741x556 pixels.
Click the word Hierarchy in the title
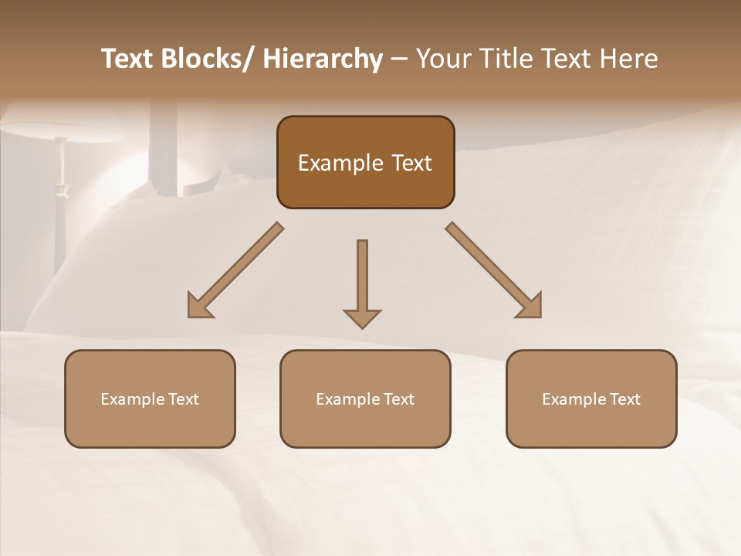pyautogui.click(x=323, y=59)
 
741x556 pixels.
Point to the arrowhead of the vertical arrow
pyautogui.click(x=362, y=318)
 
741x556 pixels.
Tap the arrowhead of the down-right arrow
pyautogui.click(x=530, y=307)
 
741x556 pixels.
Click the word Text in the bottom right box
pyautogui.click(x=624, y=399)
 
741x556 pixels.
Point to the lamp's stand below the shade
pyautogui.click(x=60, y=201)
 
